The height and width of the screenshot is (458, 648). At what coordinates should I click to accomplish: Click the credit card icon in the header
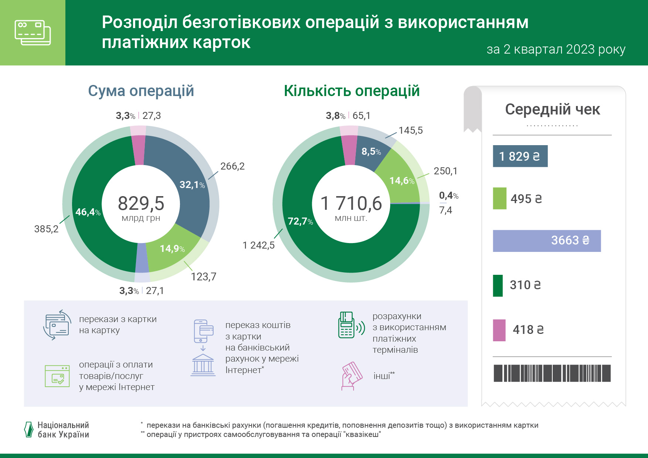(33, 33)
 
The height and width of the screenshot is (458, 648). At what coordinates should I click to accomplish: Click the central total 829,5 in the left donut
(141, 204)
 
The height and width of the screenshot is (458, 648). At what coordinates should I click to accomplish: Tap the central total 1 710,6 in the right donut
(351, 204)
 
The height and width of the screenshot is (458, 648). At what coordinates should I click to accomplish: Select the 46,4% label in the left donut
(88, 212)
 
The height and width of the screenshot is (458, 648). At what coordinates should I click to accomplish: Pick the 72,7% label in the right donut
(300, 221)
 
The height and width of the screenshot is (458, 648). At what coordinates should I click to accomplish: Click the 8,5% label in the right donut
(371, 151)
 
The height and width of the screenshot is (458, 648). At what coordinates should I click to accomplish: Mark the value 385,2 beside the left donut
(46, 229)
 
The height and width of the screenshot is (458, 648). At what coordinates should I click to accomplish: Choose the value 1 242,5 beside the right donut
(259, 245)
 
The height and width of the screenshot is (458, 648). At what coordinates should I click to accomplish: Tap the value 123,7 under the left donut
(204, 277)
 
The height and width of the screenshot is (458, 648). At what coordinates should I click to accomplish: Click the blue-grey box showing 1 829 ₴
(520, 156)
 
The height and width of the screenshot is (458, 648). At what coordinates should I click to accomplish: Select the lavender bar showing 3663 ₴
(547, 241)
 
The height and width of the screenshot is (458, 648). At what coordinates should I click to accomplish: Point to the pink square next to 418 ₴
(499, 330)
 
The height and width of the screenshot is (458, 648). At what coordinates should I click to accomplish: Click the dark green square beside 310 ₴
(498, 286)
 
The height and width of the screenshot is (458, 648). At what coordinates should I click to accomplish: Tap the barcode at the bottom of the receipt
(552, 373)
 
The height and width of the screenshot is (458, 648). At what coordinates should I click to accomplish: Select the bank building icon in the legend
(203, 365)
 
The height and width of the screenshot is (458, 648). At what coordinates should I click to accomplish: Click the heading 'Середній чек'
(552, 109)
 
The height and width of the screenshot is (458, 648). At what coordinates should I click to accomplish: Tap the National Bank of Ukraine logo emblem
(28, 430)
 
